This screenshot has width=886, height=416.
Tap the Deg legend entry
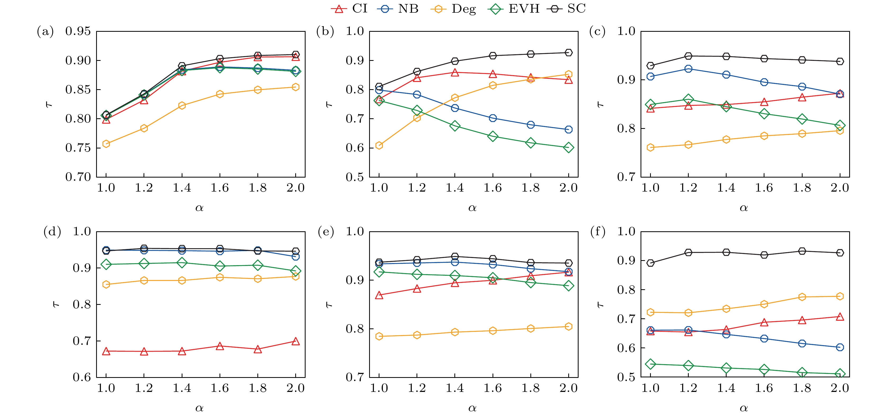(x=453, y=8)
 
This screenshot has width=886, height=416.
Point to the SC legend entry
(x=566, y=8)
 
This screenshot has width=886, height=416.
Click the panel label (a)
(x=45, y=32)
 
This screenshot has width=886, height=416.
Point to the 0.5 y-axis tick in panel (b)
(x=355, y=177)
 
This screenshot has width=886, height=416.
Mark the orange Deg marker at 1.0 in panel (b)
(x=379, y=146)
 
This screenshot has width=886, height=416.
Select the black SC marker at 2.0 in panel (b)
(x=569, y=53)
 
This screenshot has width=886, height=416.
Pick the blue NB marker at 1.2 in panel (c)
(x=688, y=69)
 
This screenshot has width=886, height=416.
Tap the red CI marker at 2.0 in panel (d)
(x=296, y=341)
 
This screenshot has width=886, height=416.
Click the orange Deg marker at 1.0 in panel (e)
(x=379, y=336)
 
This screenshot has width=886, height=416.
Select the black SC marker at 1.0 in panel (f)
(x=650, y=263)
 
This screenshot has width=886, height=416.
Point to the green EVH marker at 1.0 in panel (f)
(x=650, y=364)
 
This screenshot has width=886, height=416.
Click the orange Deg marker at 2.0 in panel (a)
(x=296, y=87)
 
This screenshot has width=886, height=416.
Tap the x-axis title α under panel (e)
(x=472, y=408)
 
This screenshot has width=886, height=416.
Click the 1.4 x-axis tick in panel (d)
(x=182, y=388)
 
